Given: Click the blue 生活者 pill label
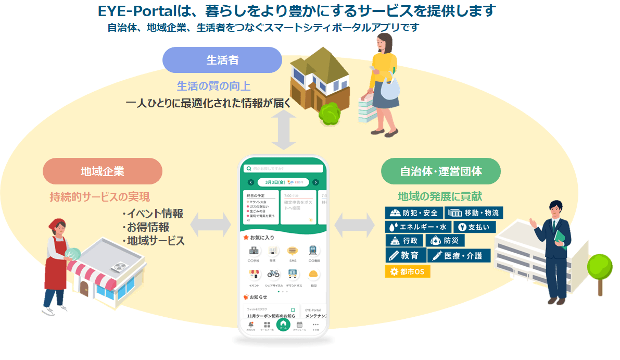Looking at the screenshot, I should tap(222, 60).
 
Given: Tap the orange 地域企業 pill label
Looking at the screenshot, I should tap(103, 171).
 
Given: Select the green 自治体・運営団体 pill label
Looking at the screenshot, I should tap(441, 171).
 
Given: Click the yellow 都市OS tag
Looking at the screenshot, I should tap(408, 271).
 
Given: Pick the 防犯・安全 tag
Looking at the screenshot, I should tap(414, 213).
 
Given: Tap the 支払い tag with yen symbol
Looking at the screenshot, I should tap(475, 227).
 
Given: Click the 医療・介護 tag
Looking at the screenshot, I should tap(459, 256).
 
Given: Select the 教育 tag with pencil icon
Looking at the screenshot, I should tap(405, 256).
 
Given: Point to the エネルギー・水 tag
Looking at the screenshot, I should tap(417, 227).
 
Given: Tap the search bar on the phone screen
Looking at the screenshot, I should tap(283, 169).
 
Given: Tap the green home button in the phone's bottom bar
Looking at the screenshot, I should tap(283, 324).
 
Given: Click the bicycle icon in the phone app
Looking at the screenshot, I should tap(273, 274).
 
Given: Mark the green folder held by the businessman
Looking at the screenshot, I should tap(560, 237).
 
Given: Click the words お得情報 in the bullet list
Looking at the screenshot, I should tap(148, 228).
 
